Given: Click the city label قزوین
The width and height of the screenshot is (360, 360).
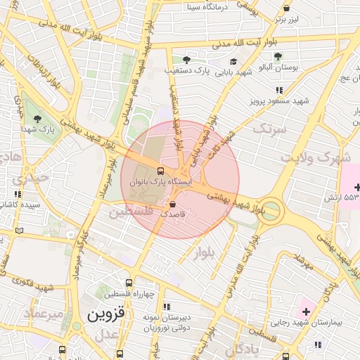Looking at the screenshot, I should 105,315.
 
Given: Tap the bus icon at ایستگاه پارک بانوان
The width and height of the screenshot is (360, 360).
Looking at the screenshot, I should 161,171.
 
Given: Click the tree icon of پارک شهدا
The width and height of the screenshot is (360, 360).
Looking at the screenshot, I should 37,119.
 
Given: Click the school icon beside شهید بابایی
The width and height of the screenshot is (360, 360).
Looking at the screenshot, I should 233,62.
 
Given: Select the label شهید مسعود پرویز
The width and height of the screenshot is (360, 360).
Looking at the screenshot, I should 280,101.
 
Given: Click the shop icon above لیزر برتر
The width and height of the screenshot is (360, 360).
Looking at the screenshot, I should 286,8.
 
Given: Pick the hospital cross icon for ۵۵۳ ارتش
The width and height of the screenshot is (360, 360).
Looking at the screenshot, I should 358,187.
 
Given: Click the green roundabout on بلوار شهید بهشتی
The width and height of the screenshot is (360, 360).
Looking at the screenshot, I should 271,211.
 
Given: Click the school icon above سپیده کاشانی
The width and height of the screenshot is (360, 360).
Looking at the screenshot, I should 18,194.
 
